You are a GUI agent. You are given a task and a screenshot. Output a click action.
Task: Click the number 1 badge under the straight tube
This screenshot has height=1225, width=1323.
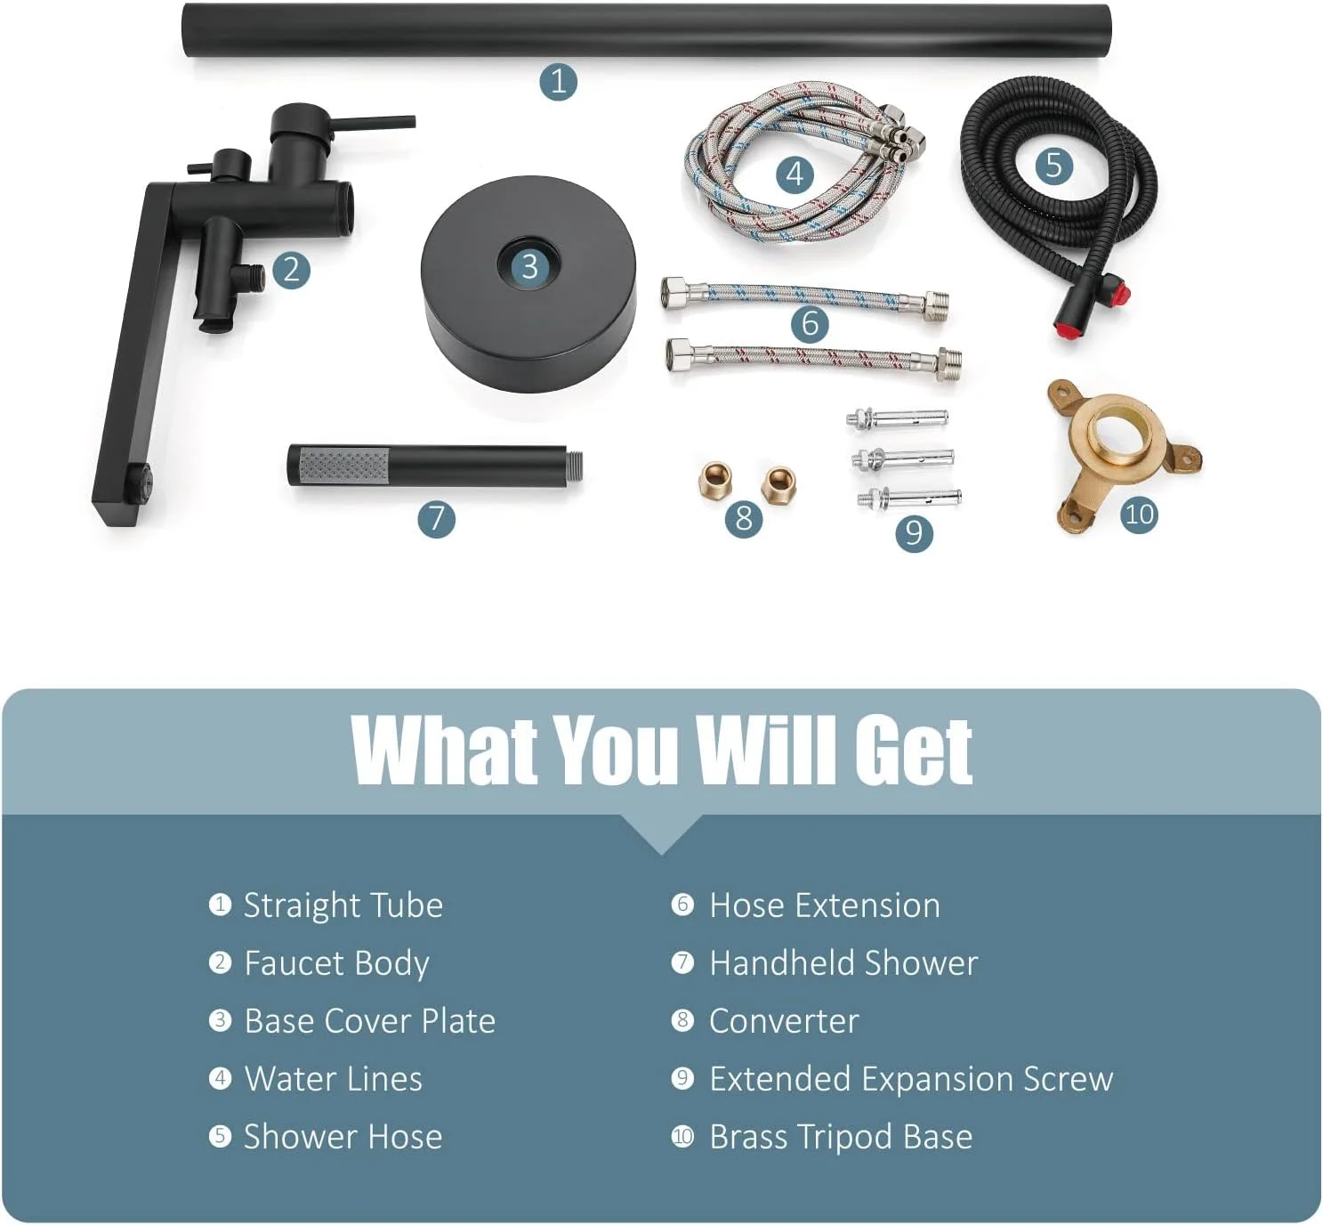point(558,81)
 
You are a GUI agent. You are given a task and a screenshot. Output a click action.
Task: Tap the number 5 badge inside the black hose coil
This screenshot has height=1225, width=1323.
point(1054,165)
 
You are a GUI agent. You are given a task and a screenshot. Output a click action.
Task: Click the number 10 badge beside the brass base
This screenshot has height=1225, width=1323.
point(1139,515)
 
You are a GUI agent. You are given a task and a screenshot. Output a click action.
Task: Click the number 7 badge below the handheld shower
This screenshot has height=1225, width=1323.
point(436,518)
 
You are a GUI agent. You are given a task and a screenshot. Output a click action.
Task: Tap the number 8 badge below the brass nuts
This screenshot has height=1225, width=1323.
point(744,517)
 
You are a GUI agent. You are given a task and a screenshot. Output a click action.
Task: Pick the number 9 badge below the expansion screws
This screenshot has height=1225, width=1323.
point(914,532)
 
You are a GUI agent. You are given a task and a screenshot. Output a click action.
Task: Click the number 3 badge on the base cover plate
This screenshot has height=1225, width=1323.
point(529,267)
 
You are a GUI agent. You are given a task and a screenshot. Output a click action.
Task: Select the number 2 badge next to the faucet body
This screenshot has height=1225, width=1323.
point(291,270)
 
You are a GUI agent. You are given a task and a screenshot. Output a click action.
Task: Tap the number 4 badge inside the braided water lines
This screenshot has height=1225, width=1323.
point(795,174)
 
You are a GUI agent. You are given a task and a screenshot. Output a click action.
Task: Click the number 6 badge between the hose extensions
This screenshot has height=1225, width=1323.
point(810,324)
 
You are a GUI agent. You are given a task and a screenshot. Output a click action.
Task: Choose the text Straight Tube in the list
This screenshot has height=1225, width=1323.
point(343,905)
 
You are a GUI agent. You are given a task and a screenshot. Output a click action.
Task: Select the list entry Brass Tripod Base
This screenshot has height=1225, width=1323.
point(841,1137)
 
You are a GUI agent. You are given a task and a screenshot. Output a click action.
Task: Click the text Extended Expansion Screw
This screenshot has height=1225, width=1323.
point(911,1079)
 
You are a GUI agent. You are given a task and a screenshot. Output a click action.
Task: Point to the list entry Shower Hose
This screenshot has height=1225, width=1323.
point(343,1137)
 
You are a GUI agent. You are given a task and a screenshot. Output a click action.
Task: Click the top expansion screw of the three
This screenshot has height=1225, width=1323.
point(897,418)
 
